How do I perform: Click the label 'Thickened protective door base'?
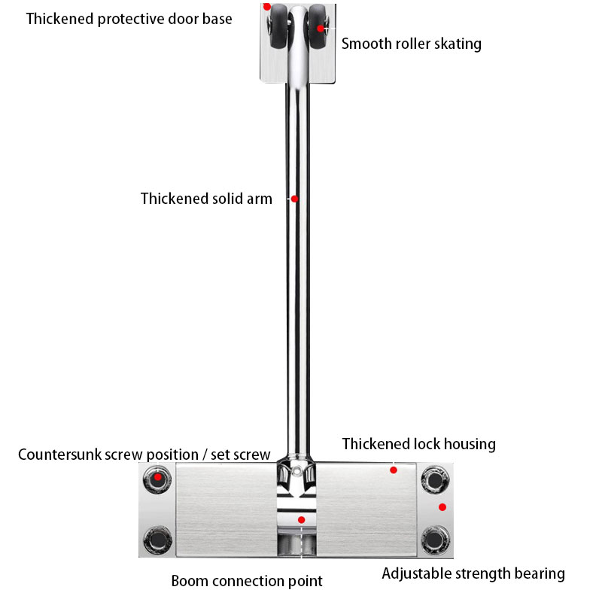(129, 19)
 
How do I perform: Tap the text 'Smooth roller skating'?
(411, 44)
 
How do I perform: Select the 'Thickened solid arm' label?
(206, 199)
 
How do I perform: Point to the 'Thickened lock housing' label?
(418, 444)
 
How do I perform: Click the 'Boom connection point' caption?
(247, 581)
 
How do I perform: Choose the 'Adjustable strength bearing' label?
(473, 573)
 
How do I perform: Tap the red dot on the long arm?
(295, 199)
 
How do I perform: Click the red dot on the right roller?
(321, 29)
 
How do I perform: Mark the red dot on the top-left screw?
(158, 477)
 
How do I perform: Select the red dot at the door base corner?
(266, 7)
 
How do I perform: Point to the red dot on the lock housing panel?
(393, 470)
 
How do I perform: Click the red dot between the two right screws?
(442, 506)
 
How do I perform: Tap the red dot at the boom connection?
(301, 519)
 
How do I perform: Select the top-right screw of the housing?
(434, 479)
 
